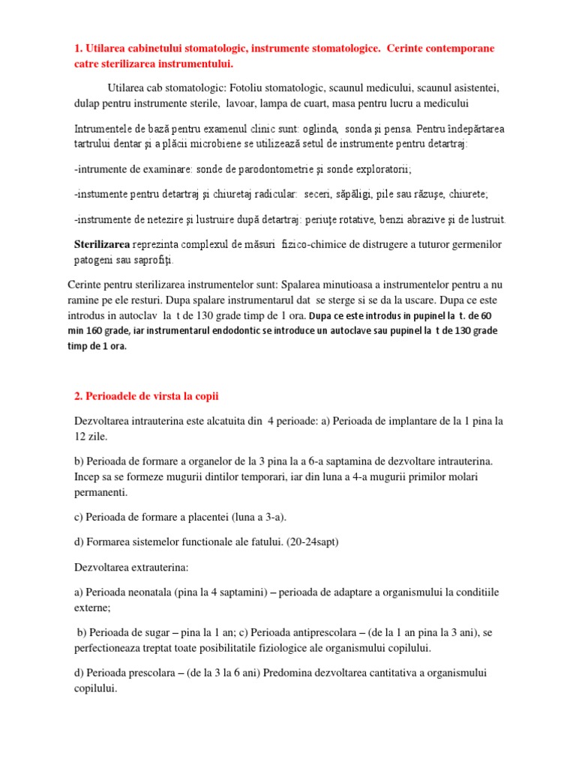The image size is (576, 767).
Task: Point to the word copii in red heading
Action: point(203,396)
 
